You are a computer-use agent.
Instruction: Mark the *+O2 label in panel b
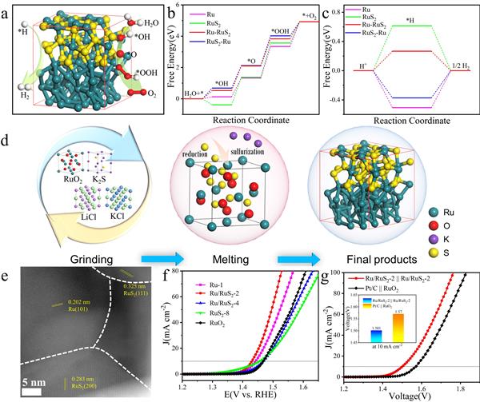308,15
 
